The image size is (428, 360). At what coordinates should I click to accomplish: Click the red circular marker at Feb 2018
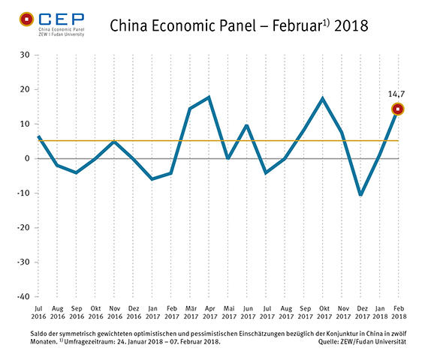398,109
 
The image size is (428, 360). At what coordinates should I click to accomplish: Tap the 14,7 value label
398,95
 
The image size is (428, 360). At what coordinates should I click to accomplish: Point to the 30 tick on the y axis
24,55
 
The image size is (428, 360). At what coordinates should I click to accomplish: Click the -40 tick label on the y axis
23,297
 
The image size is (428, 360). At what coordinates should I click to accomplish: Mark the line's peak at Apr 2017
208,97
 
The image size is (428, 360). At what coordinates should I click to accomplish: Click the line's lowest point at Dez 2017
360,195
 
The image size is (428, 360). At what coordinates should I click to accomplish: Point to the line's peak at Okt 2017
322,98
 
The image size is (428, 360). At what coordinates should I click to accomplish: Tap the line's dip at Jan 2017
152,179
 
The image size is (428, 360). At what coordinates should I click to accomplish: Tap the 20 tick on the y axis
24,90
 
